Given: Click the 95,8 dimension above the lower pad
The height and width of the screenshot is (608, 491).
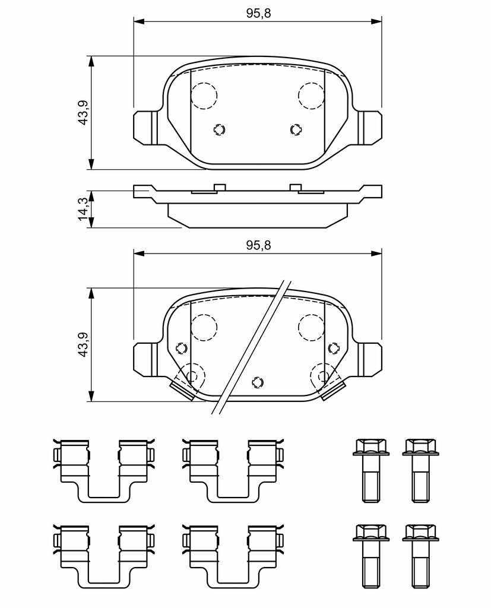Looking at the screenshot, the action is (259, 245).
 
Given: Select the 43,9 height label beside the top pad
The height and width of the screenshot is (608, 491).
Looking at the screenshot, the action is (83, 112).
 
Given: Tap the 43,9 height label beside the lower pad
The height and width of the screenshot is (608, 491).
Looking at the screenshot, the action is (83, 344).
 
